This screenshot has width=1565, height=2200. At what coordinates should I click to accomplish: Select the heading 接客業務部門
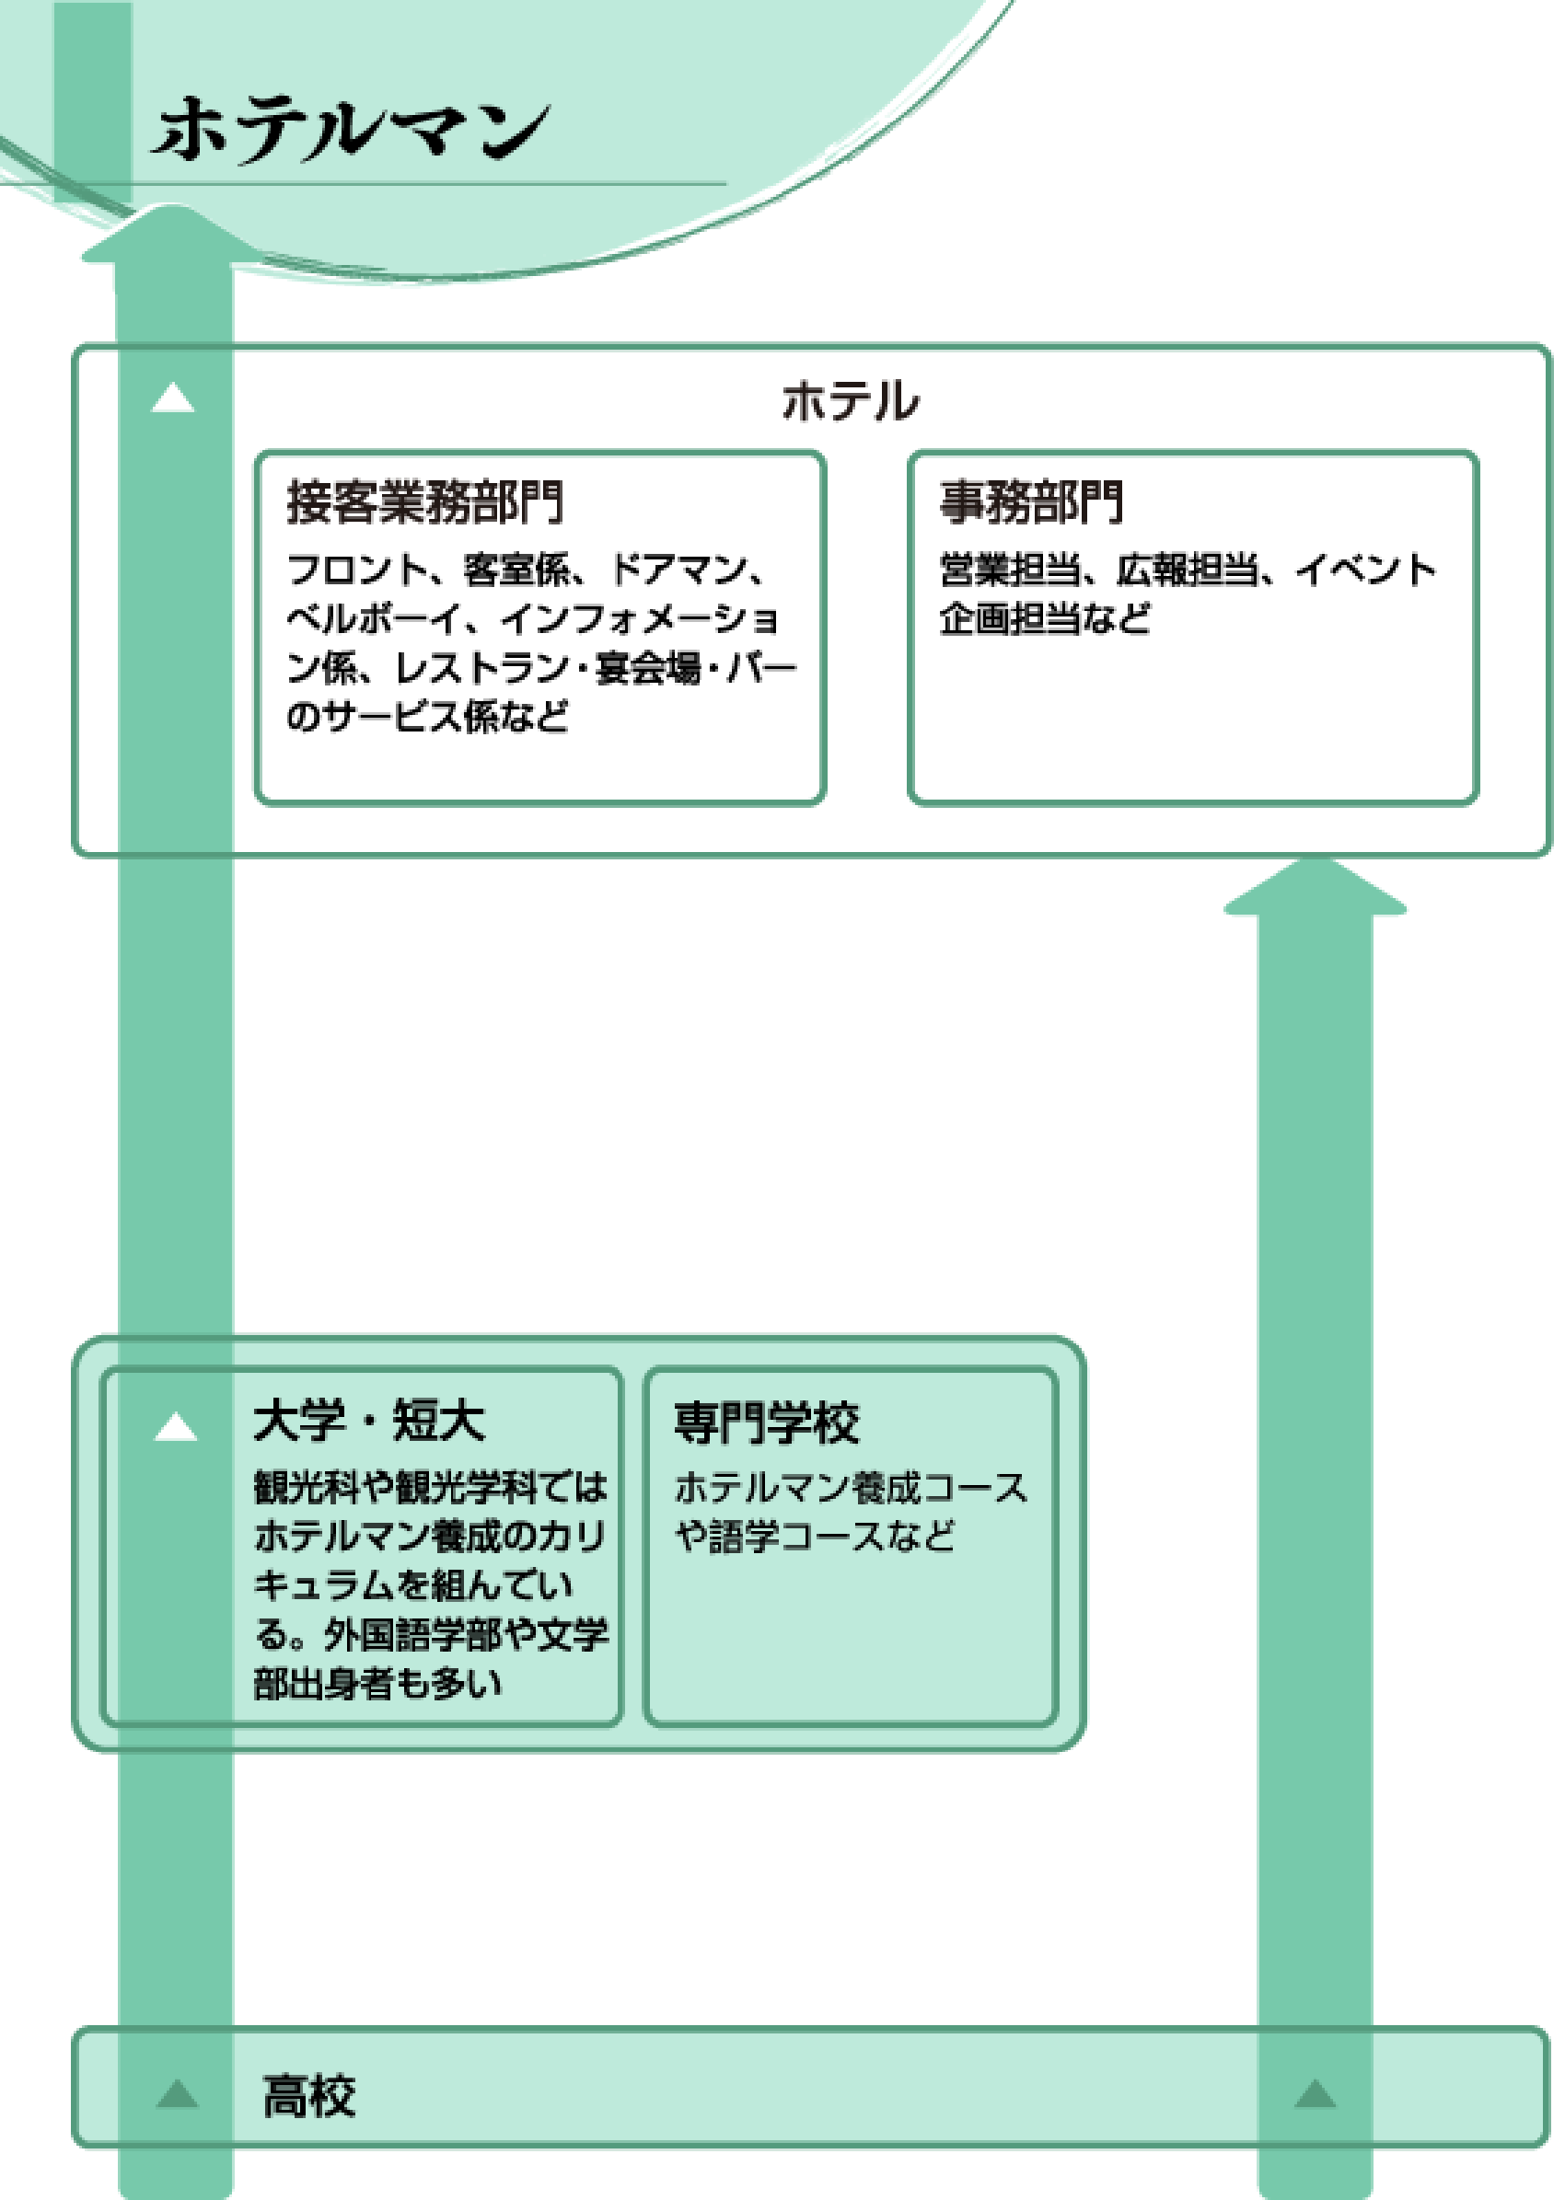coord(424,501)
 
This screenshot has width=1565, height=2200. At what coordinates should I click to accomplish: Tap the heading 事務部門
coord(1031,501)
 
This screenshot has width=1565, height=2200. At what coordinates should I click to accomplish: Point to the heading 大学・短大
coord(369,1421)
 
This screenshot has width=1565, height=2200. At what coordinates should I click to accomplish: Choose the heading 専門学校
coord(766,1423)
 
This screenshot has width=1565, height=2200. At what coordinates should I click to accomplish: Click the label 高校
coord(309,2096)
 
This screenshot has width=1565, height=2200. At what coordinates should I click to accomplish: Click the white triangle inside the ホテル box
coord(173,397)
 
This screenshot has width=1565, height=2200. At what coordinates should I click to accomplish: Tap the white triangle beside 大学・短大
coord(176,1426)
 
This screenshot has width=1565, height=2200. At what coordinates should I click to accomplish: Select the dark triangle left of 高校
coord(178,2094)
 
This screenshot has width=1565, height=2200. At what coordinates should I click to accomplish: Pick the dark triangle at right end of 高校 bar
coord(1315,2094)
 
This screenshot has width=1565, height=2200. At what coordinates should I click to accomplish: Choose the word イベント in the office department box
coord(1364,570)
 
